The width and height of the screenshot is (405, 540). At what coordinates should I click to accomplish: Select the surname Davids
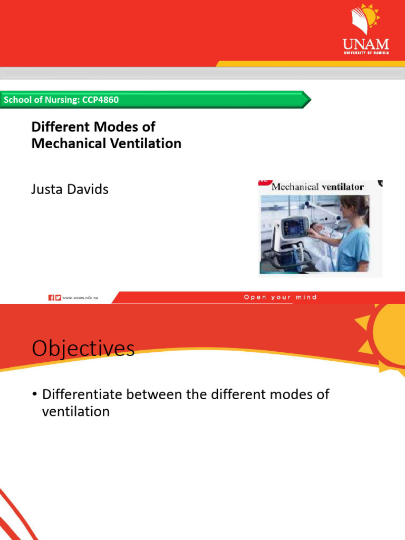[x=89, y=189]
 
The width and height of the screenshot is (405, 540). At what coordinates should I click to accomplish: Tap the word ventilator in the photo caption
[x=343, y=187]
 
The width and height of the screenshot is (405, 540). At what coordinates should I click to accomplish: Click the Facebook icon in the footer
[x=51, y=297]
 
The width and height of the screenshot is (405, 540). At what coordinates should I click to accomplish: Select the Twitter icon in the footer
[x=58, y=297]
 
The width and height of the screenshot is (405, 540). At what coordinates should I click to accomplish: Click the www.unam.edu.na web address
[x=80, y=298]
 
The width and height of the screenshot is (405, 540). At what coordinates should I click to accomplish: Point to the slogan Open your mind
[x=280, y=297]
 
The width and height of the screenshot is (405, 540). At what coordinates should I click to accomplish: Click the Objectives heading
[x=83, y=349]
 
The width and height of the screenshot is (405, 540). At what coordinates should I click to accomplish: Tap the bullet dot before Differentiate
[x=35, y=395]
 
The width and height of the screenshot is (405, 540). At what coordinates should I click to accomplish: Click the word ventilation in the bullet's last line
[x=75, y=411]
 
